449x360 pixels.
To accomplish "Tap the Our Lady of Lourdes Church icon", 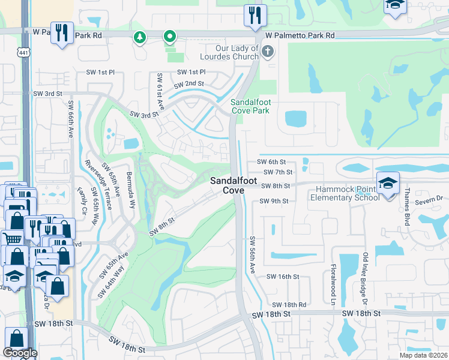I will (268, 52).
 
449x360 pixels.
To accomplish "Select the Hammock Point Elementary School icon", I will (388, 182).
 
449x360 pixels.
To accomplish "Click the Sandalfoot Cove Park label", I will (251, 106).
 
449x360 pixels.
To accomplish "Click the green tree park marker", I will (140, 38).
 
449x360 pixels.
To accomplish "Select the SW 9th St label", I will (275, 202).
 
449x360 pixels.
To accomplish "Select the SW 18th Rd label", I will (289, 305).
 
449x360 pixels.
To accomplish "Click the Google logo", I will (20, 353).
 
